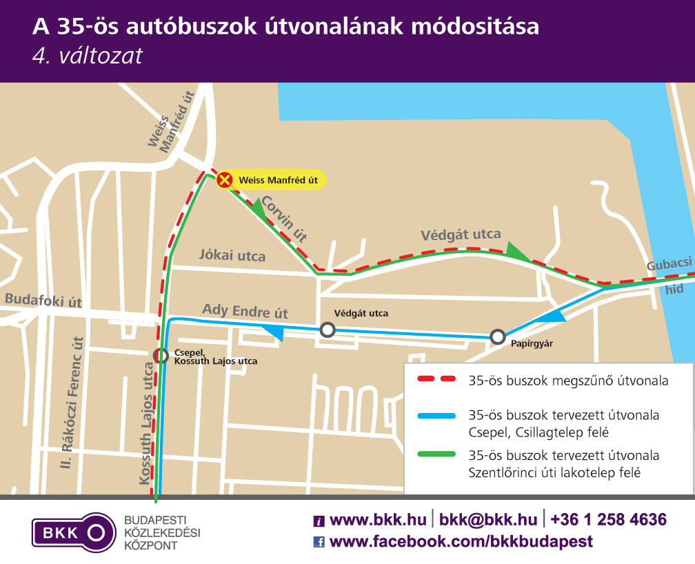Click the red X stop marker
pos(225,181)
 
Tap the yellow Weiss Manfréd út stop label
pos(277,181)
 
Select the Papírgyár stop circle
pos(498,337)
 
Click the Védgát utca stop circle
pos(328,330)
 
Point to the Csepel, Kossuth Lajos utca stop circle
pos(161,356)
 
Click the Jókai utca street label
pos(232,256)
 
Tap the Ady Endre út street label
pos(245,311)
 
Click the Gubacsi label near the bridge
pos(669,265)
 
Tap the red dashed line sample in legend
pos(436,380)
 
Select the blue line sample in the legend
pos(436,416)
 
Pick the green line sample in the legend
pos(436,454)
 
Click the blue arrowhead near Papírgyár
pos(552,316)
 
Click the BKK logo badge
pos(73,532)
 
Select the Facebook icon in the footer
pos(319,542)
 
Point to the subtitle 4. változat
pos(87,55)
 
